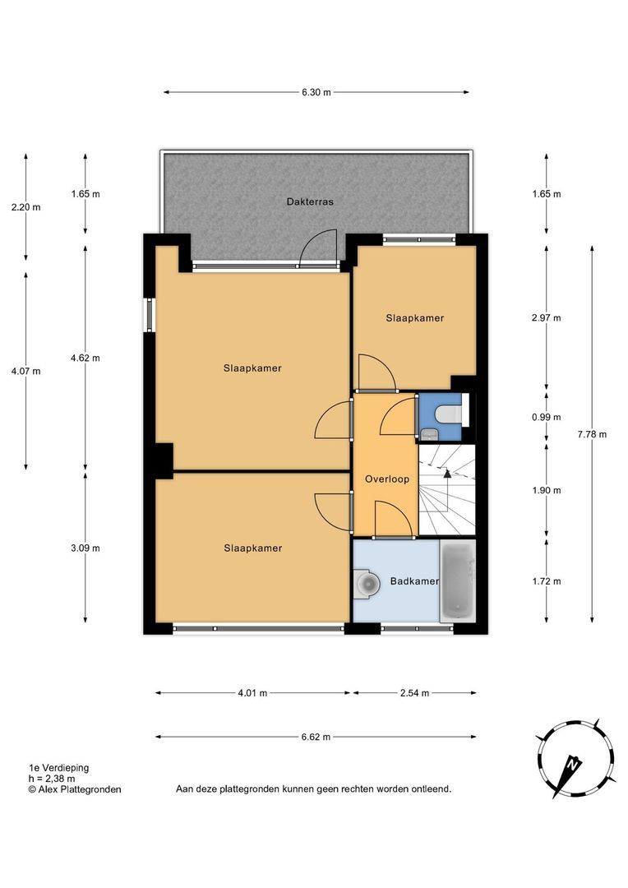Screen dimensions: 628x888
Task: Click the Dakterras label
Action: tap(310, 201)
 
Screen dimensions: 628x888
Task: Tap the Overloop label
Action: tap(387, 479)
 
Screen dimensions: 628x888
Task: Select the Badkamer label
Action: tap(414, 581)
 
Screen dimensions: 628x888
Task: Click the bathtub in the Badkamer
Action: tap(458, 581)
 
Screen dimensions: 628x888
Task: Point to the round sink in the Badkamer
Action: tap(367, 582)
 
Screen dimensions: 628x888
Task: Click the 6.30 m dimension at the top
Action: tap(316, 92)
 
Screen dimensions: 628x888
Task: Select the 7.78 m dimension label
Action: tap(592, 434)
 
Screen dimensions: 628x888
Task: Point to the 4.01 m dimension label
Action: tap(252, 692)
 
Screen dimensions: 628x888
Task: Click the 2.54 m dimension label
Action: tap(414, 692)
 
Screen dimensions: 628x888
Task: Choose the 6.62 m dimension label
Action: tap(316, 737)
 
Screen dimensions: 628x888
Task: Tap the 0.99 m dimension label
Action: tap(547, 418)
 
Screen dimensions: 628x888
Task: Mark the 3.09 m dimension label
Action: tap(85, 548)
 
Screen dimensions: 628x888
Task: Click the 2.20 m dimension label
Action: tap(26, 207)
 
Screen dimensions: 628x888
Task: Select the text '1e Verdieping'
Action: tap(59, 768)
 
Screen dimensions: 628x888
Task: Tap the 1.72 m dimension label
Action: tap(547, 581)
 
